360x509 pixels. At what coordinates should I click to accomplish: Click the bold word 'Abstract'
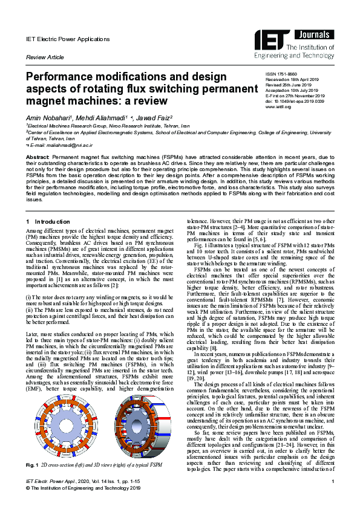click(x=38, y=157)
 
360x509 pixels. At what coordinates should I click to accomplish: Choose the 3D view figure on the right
click(x=134, y=420)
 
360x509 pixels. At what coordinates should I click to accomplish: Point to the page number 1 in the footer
click(x=333, y=497)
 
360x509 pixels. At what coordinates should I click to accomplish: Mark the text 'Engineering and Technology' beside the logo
click(x=307, y=55)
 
